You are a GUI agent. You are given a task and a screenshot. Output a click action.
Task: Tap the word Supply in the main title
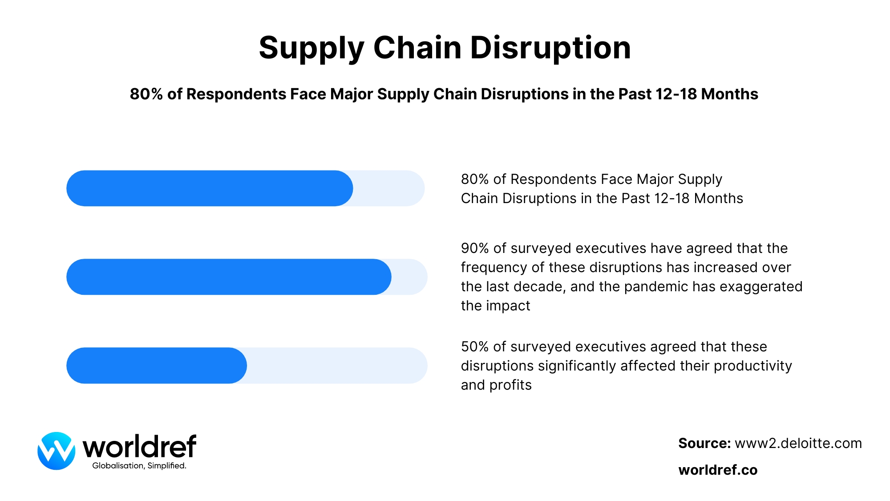311,48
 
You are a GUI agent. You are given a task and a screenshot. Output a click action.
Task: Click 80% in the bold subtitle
146,94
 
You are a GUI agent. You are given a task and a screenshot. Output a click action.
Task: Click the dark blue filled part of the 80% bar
209,188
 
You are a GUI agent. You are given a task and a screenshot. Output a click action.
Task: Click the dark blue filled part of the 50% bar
156,366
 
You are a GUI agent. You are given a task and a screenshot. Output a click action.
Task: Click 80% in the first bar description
475,179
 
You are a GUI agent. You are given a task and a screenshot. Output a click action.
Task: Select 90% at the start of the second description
475,248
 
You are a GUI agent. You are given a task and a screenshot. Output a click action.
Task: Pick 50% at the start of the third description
475,346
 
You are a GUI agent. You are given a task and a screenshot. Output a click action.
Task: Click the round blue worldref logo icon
57,451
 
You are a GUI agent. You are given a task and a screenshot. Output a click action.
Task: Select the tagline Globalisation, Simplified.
139,466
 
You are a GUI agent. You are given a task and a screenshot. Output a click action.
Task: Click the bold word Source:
704,443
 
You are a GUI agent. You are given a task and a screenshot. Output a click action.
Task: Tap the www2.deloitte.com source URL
798,443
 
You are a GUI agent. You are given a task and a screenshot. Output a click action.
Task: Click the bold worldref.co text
718,470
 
